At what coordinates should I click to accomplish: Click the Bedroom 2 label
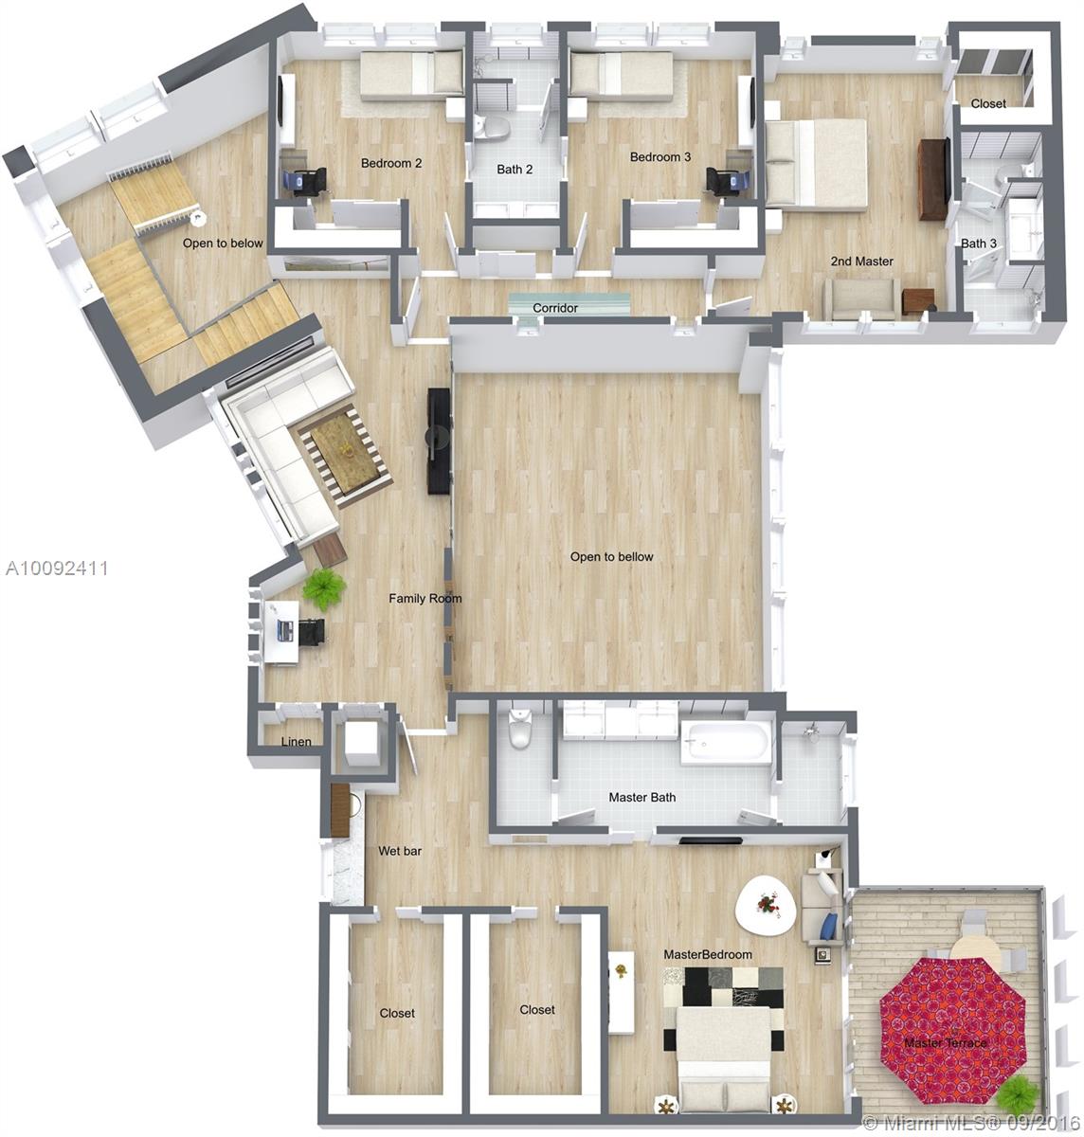click(x=391, y=163)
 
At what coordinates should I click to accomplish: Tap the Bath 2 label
click(x=515, y=170)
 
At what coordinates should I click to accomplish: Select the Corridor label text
click(x=555, y=308)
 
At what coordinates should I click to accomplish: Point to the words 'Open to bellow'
click(x=611, y=556)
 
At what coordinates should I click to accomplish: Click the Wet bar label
click(x=400, y=851)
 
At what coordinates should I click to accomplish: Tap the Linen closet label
click(x=297, y=742)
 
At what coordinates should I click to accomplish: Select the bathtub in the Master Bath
click(x=726, y=742)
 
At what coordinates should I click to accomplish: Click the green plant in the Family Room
click(x=324, y=588)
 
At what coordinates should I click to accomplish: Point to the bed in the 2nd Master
click(x=816, y=163)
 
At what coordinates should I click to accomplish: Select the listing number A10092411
click(x=57, y=568)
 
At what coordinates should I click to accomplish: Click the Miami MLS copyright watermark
click(x=971, y=1123)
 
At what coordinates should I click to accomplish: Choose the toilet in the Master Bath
click(x=519, y=728)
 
